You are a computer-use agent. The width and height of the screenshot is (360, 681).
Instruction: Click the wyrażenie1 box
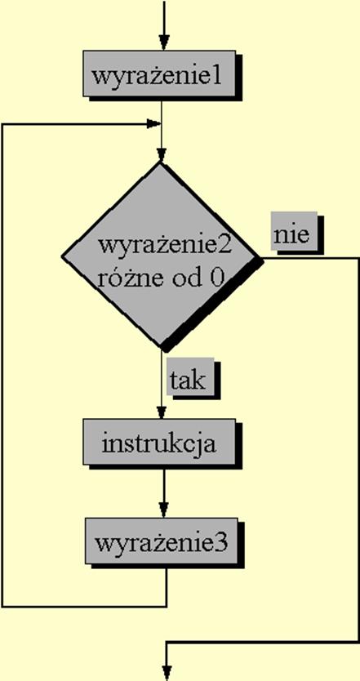(x=159, y=73)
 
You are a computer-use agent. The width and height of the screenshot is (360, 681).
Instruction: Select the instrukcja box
(x=159, y=442)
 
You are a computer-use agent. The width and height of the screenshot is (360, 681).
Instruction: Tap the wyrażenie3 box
(x=162, y=541)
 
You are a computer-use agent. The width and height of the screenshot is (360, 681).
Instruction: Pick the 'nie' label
(x=294, y=230)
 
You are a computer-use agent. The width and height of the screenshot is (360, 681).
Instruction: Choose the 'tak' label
(x=191, y=376)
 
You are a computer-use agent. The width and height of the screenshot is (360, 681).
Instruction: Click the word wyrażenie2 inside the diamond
(x=165, y=246)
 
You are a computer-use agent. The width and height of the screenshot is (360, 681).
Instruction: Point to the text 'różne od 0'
(x=161, y=278)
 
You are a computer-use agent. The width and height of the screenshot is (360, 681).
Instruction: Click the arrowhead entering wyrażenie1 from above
(x=163, y=42)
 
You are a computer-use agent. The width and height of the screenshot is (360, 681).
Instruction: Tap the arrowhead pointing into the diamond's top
(x=162, y=154)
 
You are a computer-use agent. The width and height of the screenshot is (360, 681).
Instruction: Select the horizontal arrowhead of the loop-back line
(x=153, y=124)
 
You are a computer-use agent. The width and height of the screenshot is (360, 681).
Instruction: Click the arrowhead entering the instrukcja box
(x=162, y=412)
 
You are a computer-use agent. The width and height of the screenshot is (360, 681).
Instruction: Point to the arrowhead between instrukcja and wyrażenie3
(x=163, y=510)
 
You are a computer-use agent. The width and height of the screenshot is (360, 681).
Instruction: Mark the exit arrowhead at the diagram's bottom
(x=167, y=672)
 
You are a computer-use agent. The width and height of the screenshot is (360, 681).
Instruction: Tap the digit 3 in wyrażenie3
(x=221, y=544)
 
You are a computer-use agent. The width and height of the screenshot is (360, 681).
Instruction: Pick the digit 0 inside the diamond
(x=216, y=278)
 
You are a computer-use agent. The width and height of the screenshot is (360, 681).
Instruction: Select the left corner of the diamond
(x=62, y=256)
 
